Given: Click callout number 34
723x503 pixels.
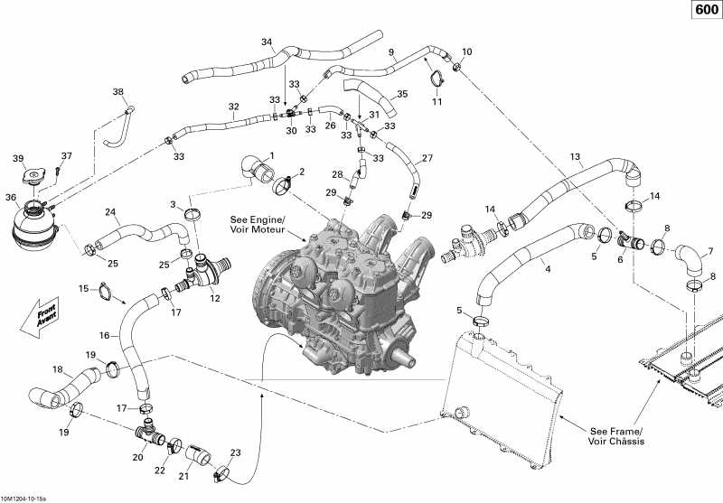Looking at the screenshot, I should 266,42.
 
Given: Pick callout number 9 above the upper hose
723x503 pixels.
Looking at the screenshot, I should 392,52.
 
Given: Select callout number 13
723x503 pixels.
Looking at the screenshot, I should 575,156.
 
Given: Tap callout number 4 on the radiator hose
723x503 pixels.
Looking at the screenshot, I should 546,268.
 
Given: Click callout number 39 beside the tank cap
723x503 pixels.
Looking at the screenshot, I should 18,159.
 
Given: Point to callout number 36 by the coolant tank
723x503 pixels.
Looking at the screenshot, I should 12,197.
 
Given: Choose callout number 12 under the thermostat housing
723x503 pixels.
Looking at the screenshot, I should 215,298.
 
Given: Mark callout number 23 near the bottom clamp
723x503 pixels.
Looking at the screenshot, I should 236,452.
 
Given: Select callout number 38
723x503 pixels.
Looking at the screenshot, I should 118,92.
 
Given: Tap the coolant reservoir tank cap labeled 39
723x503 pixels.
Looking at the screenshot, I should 37,178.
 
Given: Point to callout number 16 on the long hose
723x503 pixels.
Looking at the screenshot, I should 105,335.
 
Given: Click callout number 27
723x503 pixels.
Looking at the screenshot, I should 427,158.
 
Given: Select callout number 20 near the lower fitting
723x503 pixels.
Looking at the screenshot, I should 138,457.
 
